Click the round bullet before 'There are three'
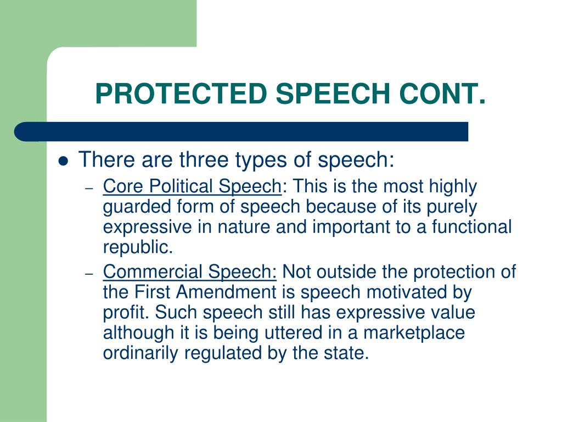(x=64, y=162)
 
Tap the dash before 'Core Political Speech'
(x=91, y=188)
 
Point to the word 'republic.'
(x=138, y=247)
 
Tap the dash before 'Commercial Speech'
(x=91, y=273)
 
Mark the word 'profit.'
(x=127, y=313)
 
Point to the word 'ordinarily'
(x=140, y=353)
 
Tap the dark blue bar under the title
(x=241, y=132)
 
